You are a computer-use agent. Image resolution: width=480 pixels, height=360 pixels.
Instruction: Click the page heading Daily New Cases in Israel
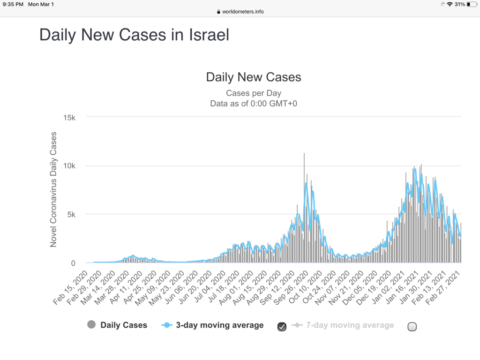click(x=134, y=35)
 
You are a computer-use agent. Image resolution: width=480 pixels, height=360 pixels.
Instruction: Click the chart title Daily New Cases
click(x=254, y=77)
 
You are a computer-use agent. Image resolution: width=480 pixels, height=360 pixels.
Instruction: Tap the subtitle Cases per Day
click(x=254, y=93)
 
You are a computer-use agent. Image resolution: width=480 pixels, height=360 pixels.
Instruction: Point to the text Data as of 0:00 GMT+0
click(x=254, y=104)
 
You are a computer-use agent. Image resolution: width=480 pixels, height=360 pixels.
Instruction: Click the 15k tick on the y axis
click(x=69, y=117)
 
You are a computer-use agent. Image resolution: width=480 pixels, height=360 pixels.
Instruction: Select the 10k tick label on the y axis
click(x=69, y=166)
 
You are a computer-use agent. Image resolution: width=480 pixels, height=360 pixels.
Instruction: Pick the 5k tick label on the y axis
click(x=71, y=215)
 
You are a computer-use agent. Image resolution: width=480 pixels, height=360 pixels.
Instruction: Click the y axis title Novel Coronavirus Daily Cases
click(x=53, y=189)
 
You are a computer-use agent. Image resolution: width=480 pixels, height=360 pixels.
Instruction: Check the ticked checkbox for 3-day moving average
click(x=282, y=327)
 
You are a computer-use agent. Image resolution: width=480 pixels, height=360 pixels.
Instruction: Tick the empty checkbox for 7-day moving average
click(x=412, y=327)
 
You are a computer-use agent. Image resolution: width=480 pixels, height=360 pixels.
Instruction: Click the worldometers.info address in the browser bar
click(x=242, y=12)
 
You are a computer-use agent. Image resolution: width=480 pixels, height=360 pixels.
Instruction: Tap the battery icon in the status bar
click(x=471, y=4)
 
